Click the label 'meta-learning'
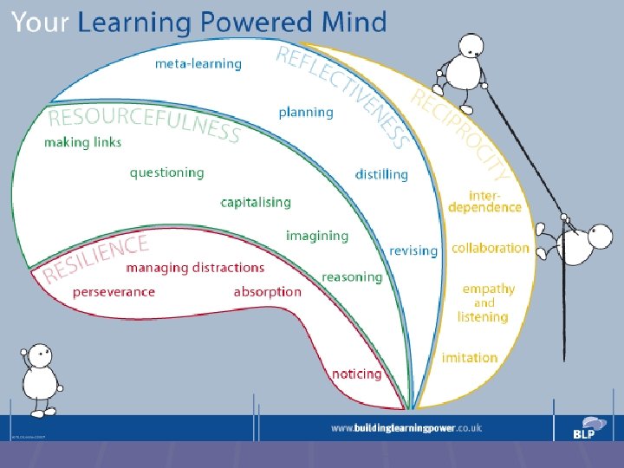pos(198,63)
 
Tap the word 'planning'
pos(306,112)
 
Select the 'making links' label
pos(83,142)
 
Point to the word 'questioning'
pos(167,172)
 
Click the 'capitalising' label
pos(256,202)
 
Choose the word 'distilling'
pos(381,174)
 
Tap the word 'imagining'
pos(317,236)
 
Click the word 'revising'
pos(413,250)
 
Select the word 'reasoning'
pos(352,277)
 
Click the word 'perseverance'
pos(114,292)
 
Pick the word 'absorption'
pos(268,292)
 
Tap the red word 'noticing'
pos(356,374)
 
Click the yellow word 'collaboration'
pos(490,248)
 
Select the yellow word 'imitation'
pos(469,358)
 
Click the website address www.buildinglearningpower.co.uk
pos(406,428)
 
